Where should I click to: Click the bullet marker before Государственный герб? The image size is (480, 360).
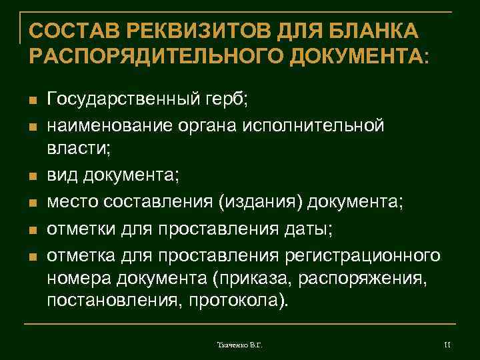[x=31, y=101]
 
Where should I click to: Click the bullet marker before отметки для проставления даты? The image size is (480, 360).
[x=31, y=227]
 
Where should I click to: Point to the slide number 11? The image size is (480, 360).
[x=447, y=344]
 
